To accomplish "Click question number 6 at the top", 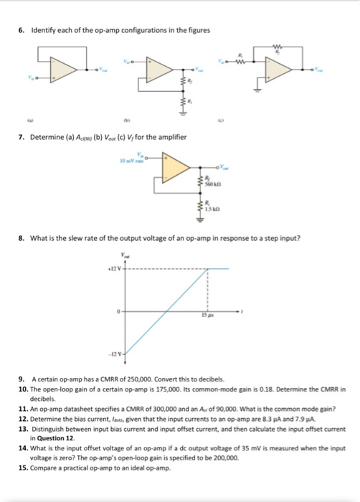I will (x=22, y=29).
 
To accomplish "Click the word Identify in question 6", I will (x=42, y=29).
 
